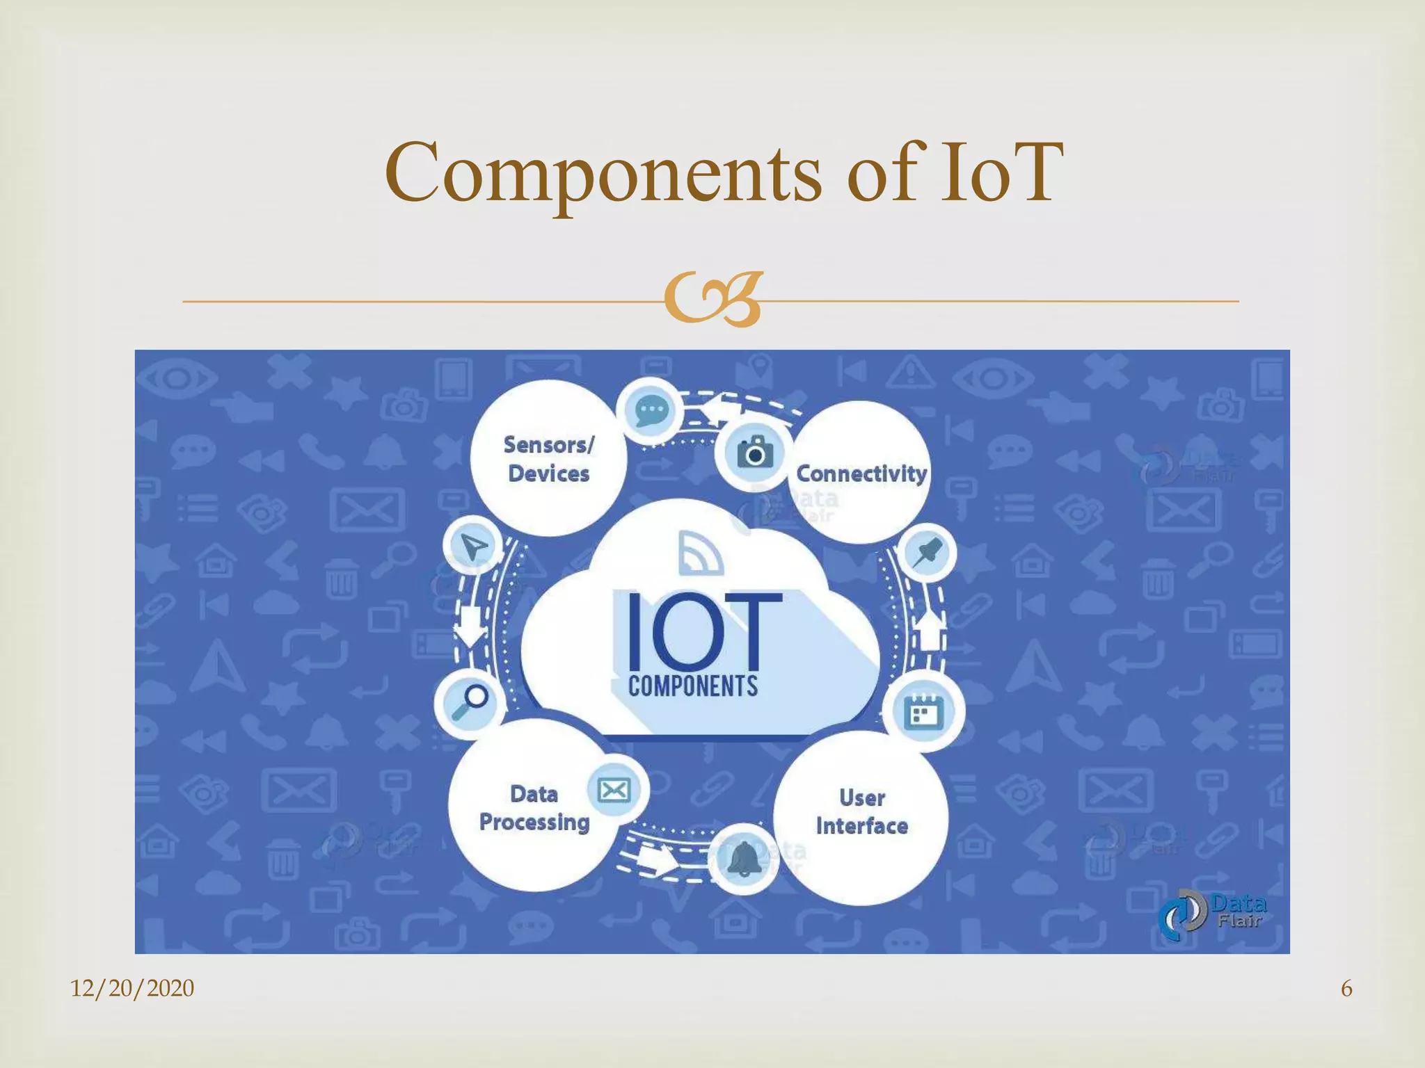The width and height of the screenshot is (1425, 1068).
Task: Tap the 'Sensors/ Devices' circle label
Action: (549, 459)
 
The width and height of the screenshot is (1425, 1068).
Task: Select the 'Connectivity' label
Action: (861, 474)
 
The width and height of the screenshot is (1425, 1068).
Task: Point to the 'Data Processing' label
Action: (534, 808)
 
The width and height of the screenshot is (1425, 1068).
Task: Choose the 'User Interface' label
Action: (862, 811)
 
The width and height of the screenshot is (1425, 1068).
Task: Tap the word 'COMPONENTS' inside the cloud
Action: (693, 687)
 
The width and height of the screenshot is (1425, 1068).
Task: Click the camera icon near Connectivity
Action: (754, 453)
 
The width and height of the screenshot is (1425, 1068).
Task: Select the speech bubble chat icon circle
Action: (651, 411)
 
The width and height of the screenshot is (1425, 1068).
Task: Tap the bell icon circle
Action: (744, 860)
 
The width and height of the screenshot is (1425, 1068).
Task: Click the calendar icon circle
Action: (923, 711)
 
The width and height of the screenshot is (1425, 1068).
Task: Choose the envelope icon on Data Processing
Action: (614, 790)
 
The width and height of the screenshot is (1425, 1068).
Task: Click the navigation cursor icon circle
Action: (474, 547)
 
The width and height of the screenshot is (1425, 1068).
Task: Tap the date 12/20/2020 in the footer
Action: (132, 988)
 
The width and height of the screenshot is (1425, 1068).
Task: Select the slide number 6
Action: (1346, 988)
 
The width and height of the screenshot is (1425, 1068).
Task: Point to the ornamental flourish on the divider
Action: (713, 300)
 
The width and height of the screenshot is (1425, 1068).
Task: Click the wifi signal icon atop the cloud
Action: (701, 553)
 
